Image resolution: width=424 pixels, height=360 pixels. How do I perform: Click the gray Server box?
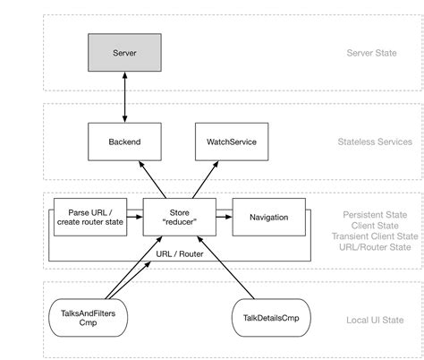[124, 53]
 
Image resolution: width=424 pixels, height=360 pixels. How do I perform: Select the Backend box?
[124, 141]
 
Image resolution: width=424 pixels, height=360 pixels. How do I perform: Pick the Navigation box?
[267, 217]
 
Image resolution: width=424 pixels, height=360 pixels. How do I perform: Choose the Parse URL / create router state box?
[89, 217]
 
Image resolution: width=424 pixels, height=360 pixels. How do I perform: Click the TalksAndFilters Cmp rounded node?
[88, 316]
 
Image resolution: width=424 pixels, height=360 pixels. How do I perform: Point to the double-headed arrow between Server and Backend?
[124, 98]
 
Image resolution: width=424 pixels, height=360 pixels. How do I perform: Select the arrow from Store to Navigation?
[223, 217]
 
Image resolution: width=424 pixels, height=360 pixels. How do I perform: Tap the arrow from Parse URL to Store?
[134, 217]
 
